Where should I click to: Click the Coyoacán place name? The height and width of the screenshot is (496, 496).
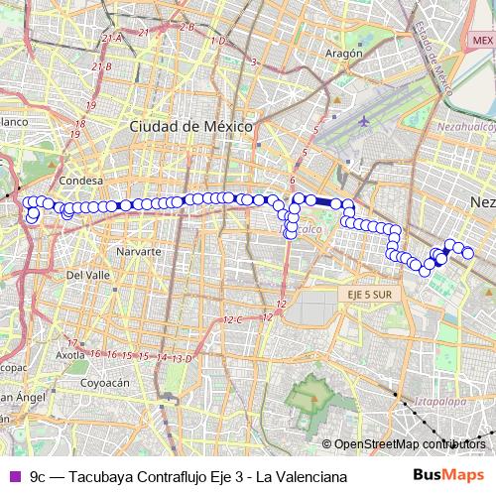click(105, 381)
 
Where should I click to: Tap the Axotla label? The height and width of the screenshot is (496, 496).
click(69, 354)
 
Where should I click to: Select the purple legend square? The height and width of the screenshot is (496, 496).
click(13, 476)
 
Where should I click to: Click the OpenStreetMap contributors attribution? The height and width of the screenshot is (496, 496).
click(409, 444)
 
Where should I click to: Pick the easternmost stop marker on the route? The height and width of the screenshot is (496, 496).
click(468, 254)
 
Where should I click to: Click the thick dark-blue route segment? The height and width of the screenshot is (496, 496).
click(324, 201)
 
